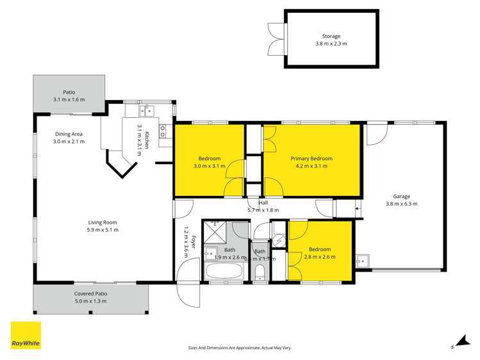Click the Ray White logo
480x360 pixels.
pyautogui.click(x=26, y=335)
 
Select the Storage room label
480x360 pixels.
pyautogui.click(x=331, y=37)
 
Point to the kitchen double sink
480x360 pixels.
pyautogui.click(x=147, y=110)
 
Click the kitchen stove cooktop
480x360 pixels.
pyautogui.click(x=163, y=131)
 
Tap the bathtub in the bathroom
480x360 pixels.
pyautogui.click(x=223, y=272)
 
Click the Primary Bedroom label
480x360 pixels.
pyautogui.click(x=311, y=158)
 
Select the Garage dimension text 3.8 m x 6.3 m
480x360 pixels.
pyautogui.click(x=401, y=204)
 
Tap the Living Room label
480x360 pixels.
pyautogui.click(x=103, y=222)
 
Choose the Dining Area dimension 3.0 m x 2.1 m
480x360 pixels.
pyautogui.click(x=69, y=142)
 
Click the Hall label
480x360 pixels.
pyautogui.click(x=263, y=202)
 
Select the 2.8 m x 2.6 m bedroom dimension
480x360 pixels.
pyautogui.click(x=320, y=257)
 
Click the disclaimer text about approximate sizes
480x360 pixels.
pyautogui.click(x=240, y=348)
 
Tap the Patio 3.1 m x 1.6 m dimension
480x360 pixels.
pyautogui.click(x=69, y=99)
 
